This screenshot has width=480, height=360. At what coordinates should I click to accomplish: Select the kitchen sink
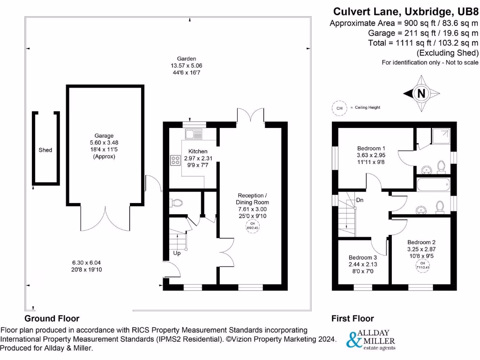193,134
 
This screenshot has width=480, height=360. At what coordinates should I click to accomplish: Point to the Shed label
45,150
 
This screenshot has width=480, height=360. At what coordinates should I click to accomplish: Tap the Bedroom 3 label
362,257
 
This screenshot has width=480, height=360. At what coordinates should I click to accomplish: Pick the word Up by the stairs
177,254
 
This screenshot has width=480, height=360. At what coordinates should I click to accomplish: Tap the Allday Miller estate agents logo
370,340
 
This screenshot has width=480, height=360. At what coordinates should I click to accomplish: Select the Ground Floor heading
52,318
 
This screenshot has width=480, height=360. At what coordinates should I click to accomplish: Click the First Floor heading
352,318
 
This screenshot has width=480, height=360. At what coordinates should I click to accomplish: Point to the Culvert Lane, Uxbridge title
405,11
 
